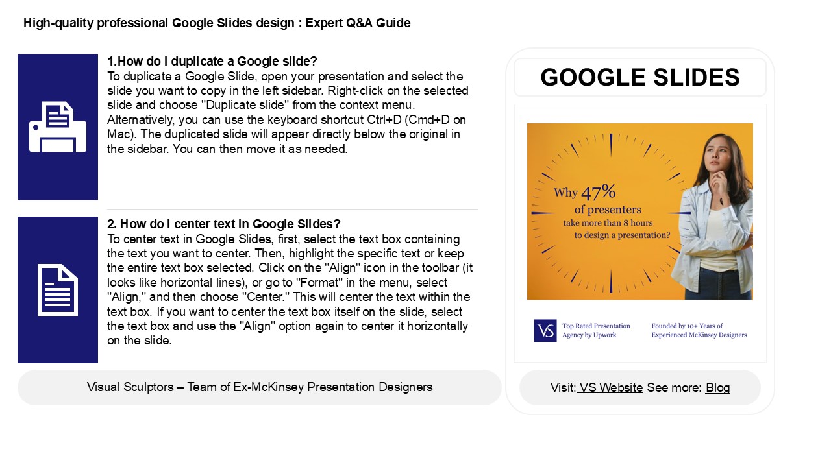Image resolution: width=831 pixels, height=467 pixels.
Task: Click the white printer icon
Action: (x=58, y=127)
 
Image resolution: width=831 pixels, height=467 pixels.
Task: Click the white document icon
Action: (x=58, y=290)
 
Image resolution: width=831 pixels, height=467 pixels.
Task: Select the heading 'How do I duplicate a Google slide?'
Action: (x=212, y=62)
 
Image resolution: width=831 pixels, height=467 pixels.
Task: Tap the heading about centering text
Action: (x=224, y=224)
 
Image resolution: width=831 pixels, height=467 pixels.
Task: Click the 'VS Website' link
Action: (x=611, y=388)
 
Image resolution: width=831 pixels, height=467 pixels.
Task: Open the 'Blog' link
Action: (x=717, y=388)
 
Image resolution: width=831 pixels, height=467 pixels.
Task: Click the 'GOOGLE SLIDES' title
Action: (x=639, y=78)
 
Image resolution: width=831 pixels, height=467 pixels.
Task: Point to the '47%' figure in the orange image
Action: (x=598, y=193)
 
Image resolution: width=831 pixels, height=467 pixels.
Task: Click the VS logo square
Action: (x=545, y=330)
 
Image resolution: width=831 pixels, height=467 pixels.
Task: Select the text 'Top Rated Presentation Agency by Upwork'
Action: (x=596, y=330)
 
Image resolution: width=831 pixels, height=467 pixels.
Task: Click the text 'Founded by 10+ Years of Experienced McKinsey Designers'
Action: (x=699, y=330)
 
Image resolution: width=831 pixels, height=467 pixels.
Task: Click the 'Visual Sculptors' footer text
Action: (x=260, y=387)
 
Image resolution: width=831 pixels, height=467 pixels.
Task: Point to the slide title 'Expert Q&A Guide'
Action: (x=358, y=23)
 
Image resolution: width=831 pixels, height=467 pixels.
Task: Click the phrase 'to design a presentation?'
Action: (x=622, y=235)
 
